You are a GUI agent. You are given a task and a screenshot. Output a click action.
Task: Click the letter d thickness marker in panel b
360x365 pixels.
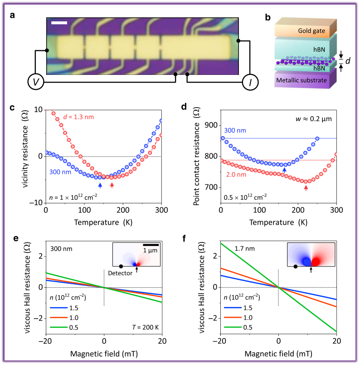tap(347, 61)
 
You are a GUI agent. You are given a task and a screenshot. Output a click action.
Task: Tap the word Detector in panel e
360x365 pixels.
tap(120, 274)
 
